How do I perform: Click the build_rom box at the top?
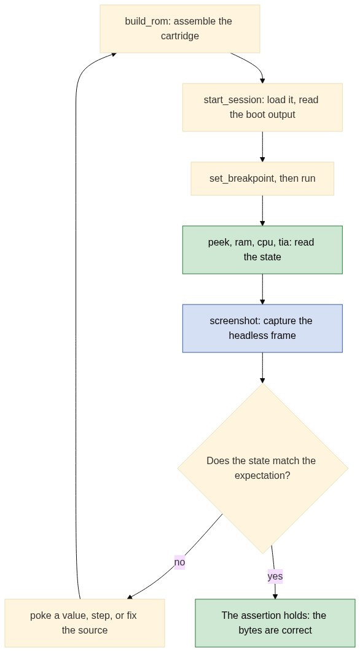tap(180, 29)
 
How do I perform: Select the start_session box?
tap(262, 107)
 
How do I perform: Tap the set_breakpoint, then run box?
tap(262, 179)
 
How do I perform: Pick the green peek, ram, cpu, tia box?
tap(262, 249)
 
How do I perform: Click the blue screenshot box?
tap(262, 328)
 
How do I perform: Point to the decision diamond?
tap(262, 468)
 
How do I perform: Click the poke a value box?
tap(85, 623)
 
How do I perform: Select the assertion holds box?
tap(275, 623)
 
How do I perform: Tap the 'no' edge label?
tap(179, 562)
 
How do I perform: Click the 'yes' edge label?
tap(275, 576)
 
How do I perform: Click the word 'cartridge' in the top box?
tap(180, 36)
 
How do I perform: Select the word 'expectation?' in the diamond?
tap(262, 475)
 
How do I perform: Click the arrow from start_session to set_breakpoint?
tap(262, 146)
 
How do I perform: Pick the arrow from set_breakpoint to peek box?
tap(262, 211)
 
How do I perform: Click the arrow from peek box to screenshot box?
tap(262, 289)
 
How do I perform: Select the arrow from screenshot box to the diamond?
tap(262, 368)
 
